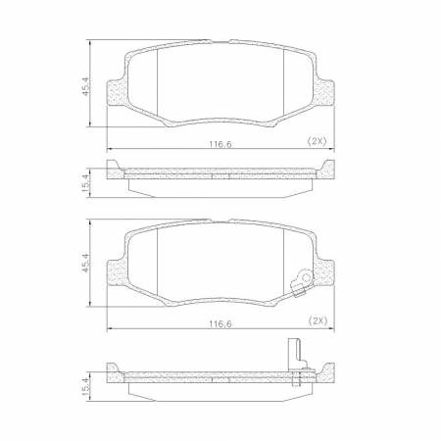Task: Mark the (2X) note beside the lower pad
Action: click(318, 319)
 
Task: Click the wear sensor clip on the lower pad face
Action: click(306, 284)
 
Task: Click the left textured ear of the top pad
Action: click(120, 93)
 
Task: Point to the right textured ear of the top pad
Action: click(322, 93)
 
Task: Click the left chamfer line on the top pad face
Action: click(158, 78)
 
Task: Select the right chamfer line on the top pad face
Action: click(284, 78)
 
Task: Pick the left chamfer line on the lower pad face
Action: click(158, 260)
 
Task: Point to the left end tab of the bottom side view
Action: click(114, 374)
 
